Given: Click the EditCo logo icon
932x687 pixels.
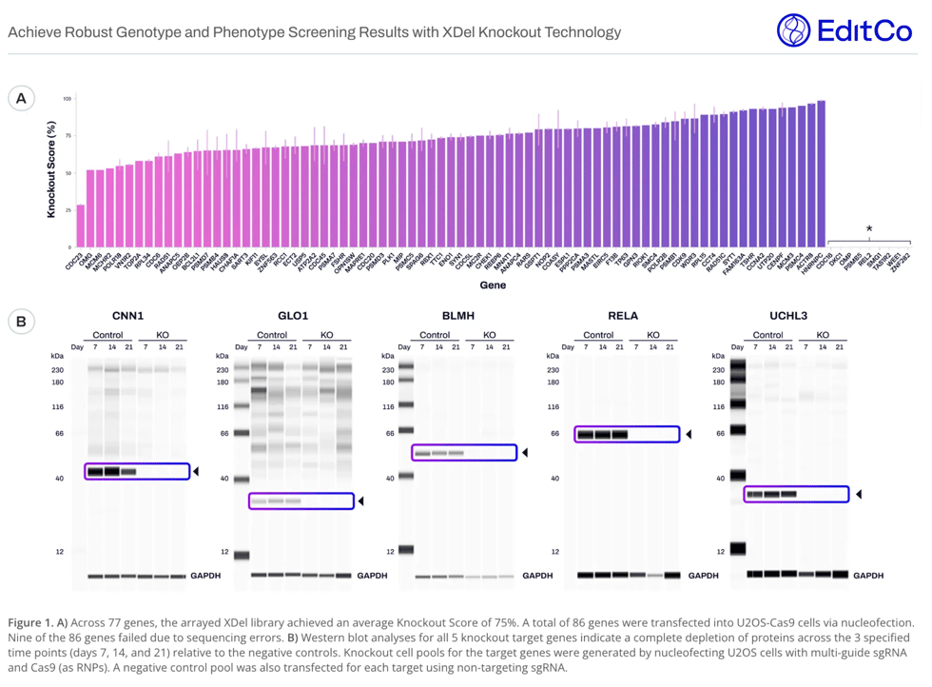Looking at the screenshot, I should [793, 30].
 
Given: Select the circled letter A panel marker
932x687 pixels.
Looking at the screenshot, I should [21, 98].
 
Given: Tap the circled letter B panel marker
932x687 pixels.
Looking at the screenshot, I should [21, 321].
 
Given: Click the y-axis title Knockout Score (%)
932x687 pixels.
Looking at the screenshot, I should [51, 169].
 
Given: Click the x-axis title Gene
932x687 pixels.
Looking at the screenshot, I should [493, 284].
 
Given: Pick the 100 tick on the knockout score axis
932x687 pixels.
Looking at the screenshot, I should [68, 99].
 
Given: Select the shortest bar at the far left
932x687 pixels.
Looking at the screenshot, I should [81, 226].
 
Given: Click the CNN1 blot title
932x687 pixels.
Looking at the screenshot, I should [127, 316].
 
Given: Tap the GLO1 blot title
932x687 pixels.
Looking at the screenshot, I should [293, 316].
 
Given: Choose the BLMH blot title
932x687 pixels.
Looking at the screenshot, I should [457, 316].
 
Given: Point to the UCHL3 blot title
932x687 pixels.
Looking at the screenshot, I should [788, 316].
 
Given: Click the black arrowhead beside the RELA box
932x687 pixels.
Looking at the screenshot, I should [689, 435].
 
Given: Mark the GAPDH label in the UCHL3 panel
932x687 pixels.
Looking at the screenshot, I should [868, 575].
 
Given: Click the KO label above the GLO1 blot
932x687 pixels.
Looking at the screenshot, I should [326, 335].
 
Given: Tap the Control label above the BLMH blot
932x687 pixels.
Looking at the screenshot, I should [435, 335].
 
